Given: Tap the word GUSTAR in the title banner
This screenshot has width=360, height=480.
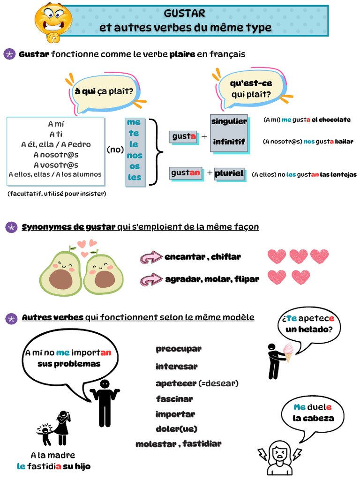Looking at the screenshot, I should pyautogui.click(x=185, y=13).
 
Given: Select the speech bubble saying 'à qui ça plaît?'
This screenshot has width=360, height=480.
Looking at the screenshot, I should pyautogui.click(x=104, y=93).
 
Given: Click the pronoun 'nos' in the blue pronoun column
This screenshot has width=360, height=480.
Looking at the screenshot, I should pyautogui.click(x=135, y=156).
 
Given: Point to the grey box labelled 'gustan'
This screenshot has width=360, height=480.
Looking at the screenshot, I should pyautogui.click(x=186, y=173).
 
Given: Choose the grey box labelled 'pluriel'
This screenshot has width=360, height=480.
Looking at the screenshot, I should pyautogui.click(x=229, y=173).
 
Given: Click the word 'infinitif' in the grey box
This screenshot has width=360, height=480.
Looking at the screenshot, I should pyautogui.click(x=229, y=142).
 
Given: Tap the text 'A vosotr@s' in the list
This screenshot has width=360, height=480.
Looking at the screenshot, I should pyautogui.click(x=56, y=165).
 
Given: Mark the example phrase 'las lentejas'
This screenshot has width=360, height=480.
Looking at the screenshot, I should pyautogui.click(x=338, y=174).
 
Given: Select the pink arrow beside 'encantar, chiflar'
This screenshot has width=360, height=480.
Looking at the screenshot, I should pyautogui.click(x=151, y=257).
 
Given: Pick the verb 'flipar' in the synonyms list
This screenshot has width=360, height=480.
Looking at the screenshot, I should pyautogui.click(x=247, y=279).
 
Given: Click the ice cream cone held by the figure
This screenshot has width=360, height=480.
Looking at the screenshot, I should pyautogui.click(x=288, y=352).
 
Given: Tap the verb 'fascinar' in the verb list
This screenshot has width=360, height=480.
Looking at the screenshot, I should pyautogui.click(x=174, y=399).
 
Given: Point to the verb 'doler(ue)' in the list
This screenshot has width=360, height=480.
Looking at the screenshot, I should pyautogui.click(x=176, y=429).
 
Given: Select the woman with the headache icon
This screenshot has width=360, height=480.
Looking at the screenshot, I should pyautogui.click(x=279, y=457).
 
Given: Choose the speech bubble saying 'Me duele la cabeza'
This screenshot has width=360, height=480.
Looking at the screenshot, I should pyautogui.click(x=313, y=413).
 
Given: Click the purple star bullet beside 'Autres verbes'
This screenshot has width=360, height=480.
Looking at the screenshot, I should pyautogui.click(x=10, y=318).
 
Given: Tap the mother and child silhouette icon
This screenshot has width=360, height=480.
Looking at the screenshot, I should pyautogui.click(x=55, y=428).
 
